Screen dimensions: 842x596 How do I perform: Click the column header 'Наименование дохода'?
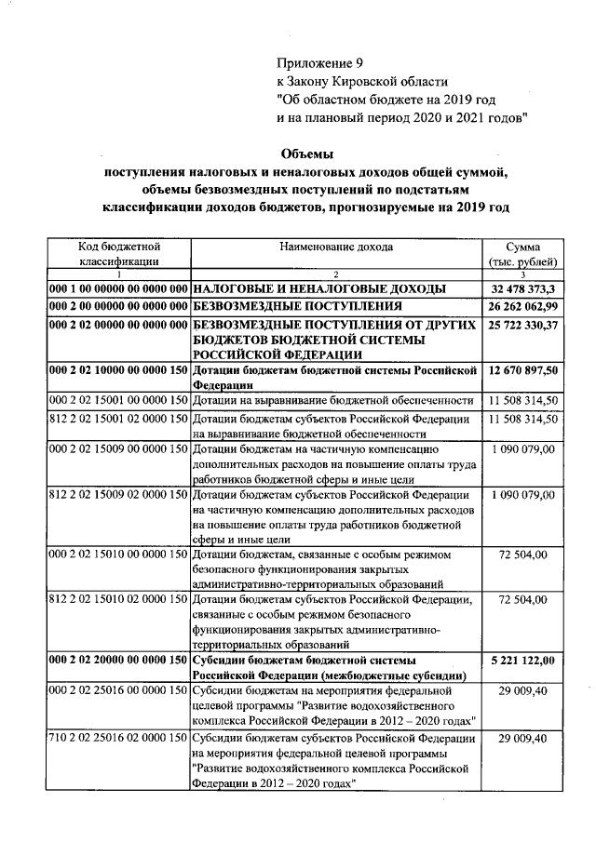pos(335,247)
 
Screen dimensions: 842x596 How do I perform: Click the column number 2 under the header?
pos(335,274)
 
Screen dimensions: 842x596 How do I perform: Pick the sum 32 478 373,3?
pos(522,288)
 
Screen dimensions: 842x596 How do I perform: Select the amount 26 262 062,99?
pos(522,306)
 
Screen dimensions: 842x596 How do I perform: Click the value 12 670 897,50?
pos(522,371)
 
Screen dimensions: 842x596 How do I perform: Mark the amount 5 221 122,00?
pos(522,661)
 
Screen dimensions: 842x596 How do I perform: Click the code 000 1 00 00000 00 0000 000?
pos(119,288)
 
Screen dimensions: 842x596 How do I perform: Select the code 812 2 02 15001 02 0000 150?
pos(119,420)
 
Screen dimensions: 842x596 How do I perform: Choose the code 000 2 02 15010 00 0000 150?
pos(119,555)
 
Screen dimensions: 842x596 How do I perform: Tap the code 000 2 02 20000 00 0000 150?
pos(119,661)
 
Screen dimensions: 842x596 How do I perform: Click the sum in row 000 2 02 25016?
pos(522,692)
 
